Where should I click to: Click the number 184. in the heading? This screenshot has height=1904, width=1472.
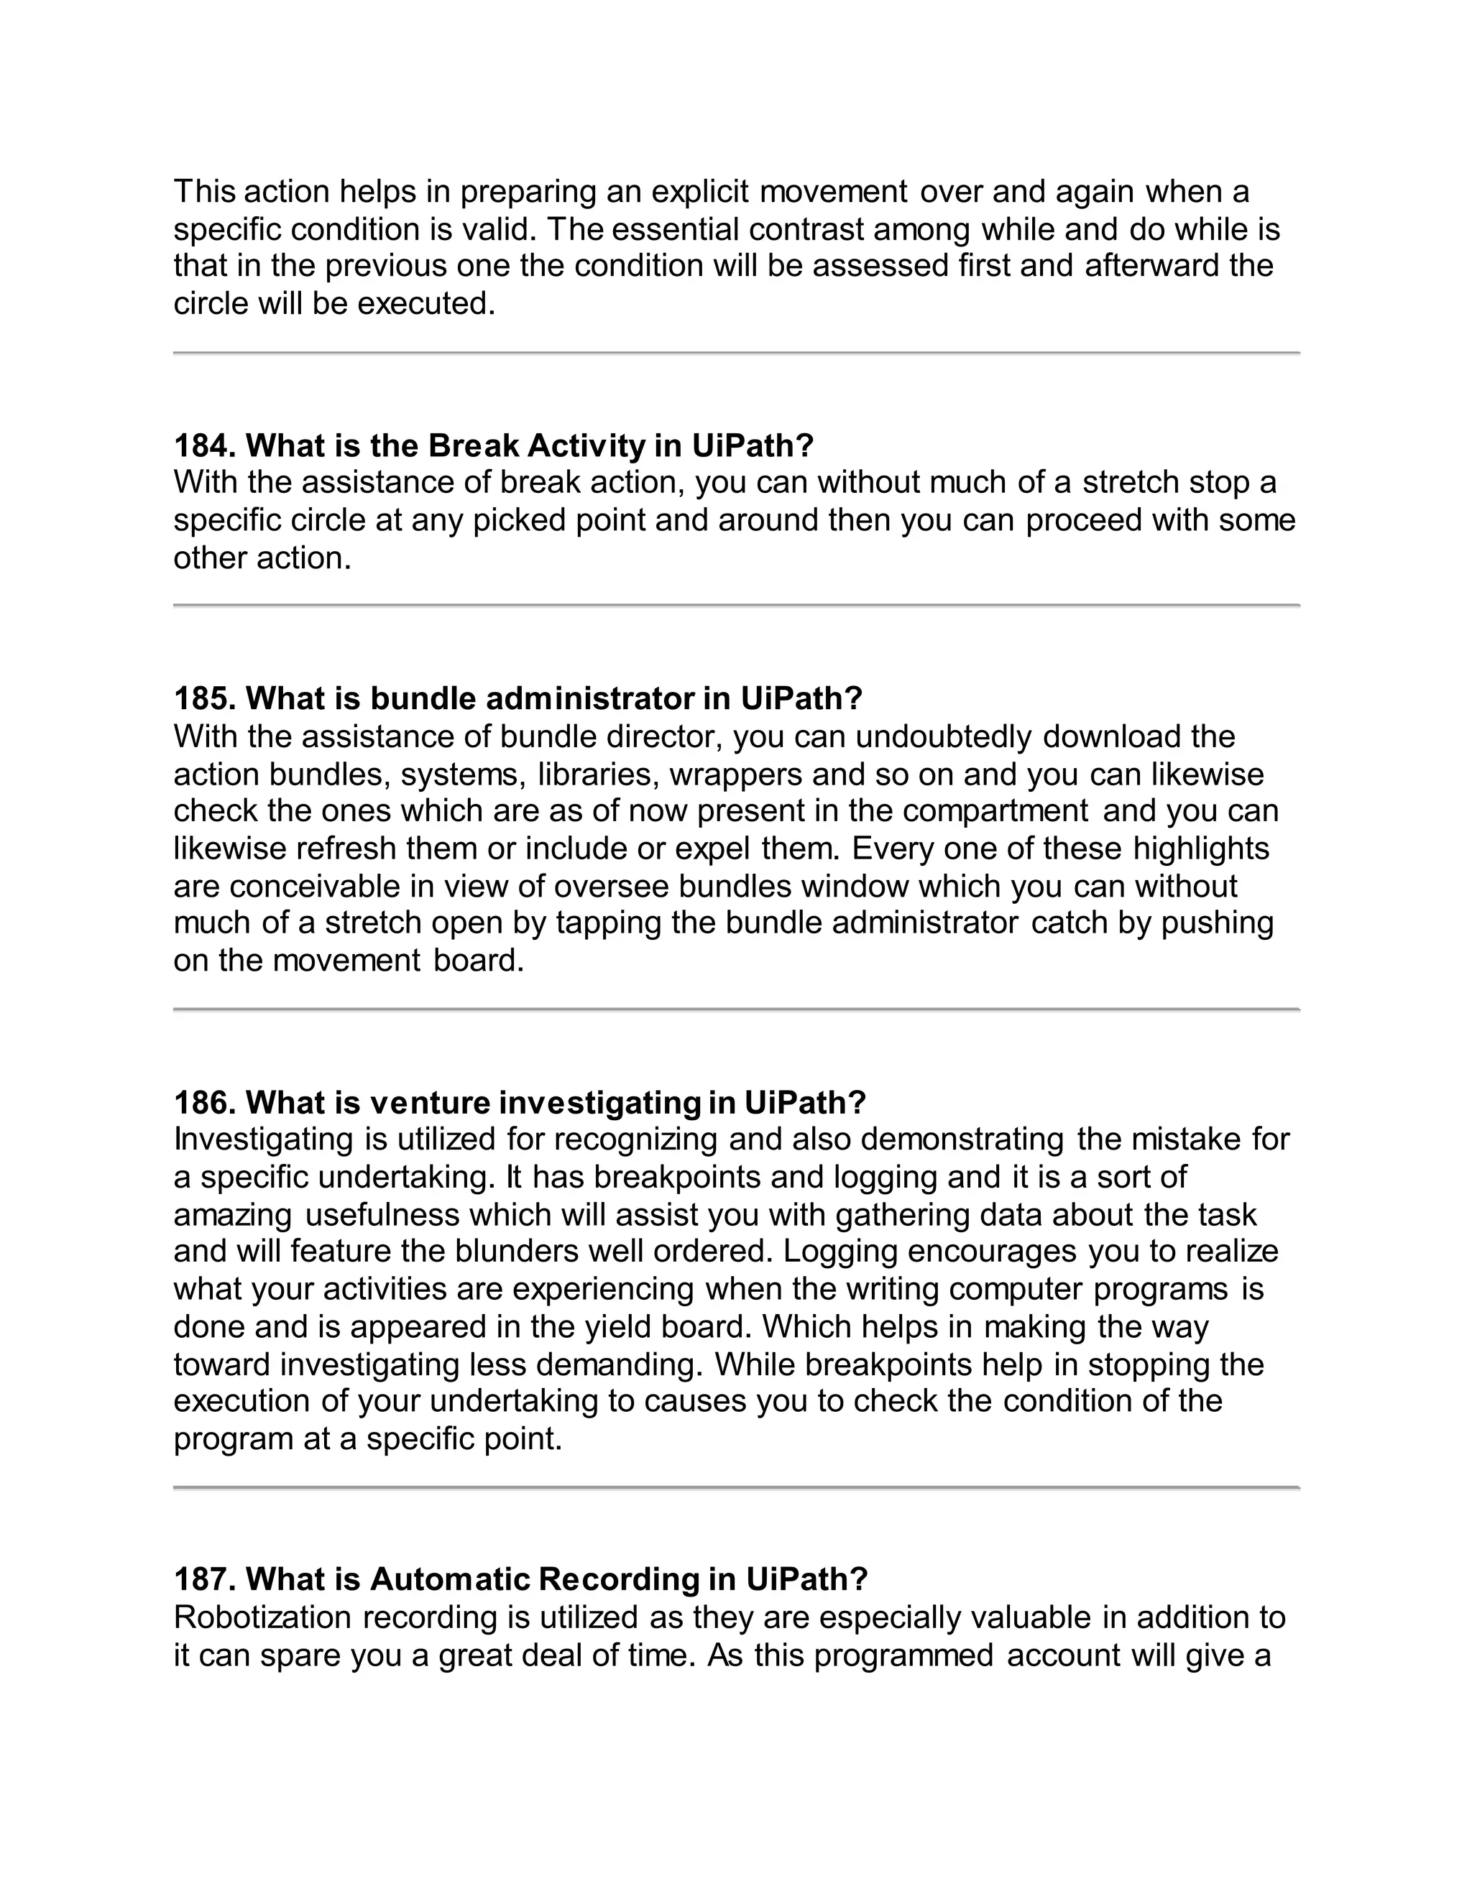[205, 446]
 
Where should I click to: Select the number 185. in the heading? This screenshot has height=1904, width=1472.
[205, 698]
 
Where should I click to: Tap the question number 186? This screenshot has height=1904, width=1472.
[205, 1103]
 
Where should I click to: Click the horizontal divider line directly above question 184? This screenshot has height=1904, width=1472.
[736, 353]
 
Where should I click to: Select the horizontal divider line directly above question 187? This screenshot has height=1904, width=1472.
[736, 1487]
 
